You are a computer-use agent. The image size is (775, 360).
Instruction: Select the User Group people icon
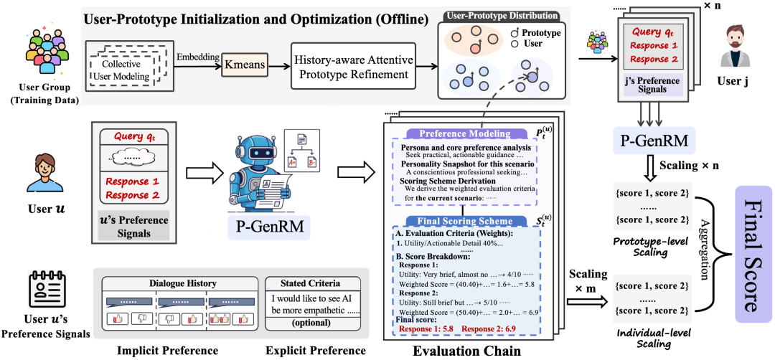coord(42,52)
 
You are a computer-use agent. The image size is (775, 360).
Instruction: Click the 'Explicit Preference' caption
coord(315,351)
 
